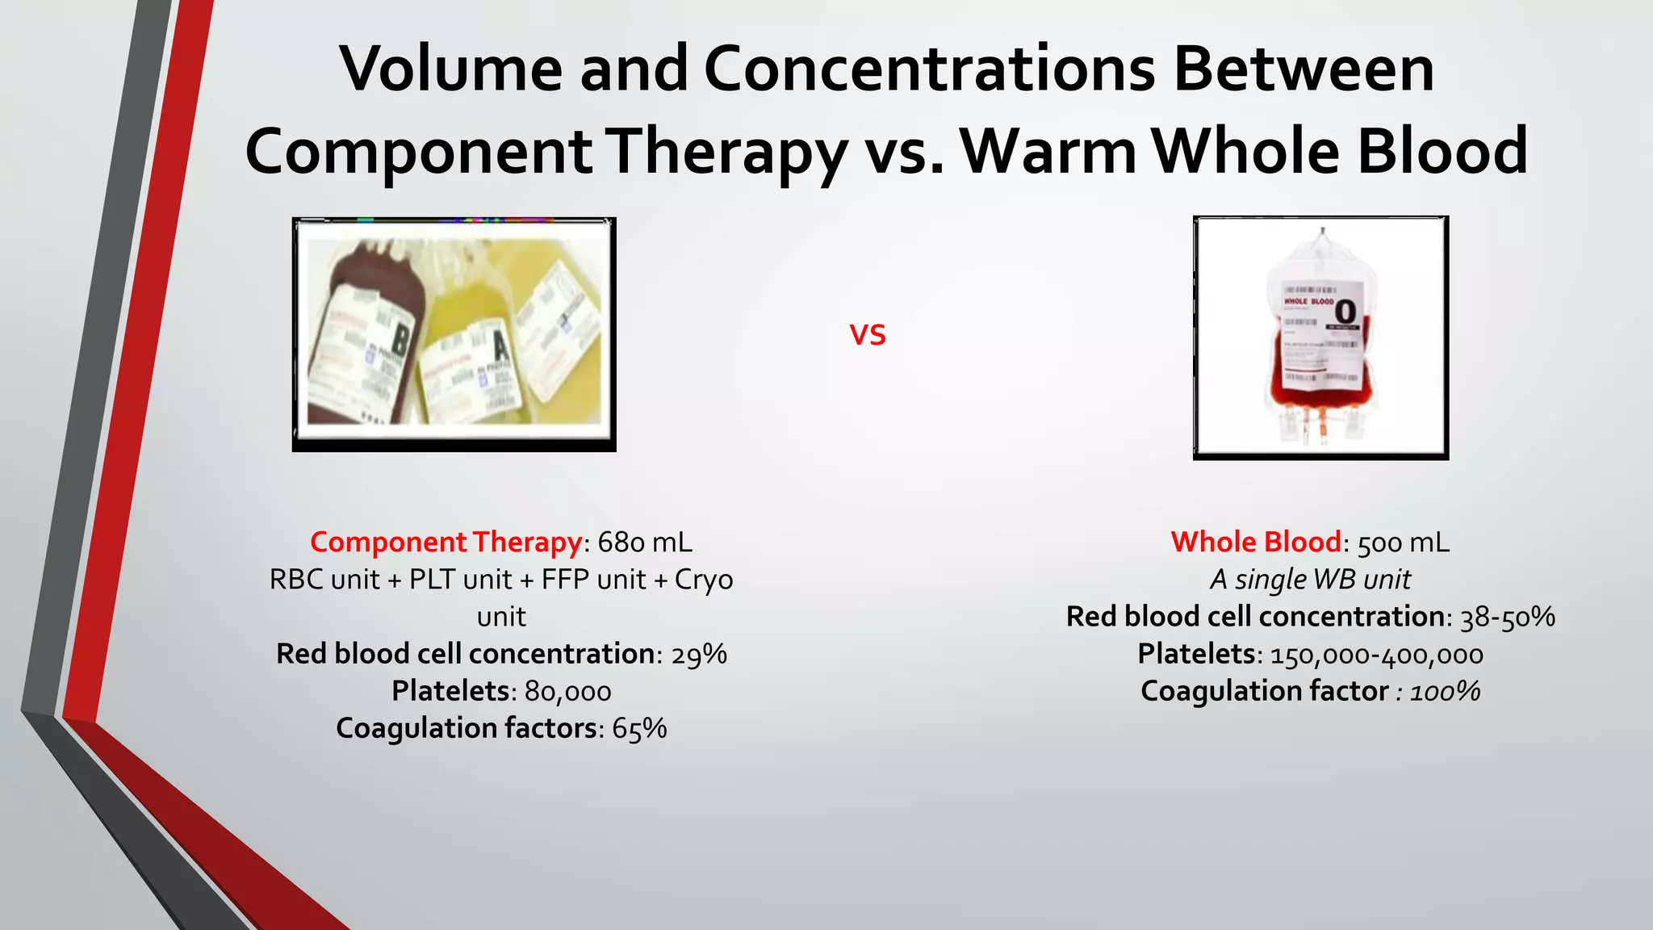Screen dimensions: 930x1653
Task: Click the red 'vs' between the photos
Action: (x=868, y=335)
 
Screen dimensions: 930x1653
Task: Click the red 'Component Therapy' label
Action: (x=446, y=542)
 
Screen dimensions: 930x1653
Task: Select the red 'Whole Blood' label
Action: (x=1256, y=542)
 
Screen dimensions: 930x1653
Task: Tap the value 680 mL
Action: (x=645, y=542)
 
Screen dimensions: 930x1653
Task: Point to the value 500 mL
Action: (x=1404, y=542)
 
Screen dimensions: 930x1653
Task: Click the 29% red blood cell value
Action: (x=699, y=654)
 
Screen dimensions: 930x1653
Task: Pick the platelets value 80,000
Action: (x=567, y=692)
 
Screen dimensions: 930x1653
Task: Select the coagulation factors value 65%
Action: (x=639, y=728)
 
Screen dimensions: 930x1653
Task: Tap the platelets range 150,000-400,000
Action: (x=1377, y=655)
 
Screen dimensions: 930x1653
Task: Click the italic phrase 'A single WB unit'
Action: (x=1310, y=580)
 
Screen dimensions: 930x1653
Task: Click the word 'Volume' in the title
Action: (x=450, y=69)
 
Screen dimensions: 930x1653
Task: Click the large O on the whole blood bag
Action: (x=1345, y=311)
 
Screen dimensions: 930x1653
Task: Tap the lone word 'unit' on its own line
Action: (x=501, y=617)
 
